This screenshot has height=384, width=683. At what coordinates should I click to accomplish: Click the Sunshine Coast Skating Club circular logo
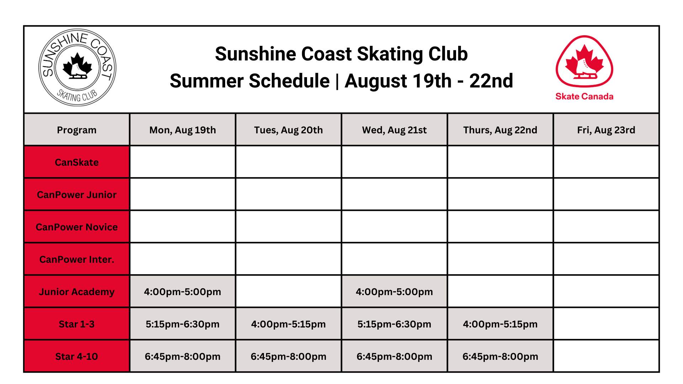[77, 68]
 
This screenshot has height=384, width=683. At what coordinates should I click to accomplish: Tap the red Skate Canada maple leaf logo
[584, 62]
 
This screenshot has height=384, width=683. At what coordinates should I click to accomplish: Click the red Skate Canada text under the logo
[584, 96]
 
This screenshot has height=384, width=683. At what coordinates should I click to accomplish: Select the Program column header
[76, 130]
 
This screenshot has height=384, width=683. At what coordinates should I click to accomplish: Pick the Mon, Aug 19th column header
[182, 130]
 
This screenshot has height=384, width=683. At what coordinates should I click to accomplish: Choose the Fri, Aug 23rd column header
[606, 130]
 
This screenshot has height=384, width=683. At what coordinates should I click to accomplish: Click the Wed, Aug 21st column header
[394, 130]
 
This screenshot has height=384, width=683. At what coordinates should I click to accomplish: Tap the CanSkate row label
[76, 162]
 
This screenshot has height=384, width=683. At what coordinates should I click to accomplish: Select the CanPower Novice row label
[76, 227]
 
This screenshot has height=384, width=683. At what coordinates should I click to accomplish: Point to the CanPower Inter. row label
[76, 259]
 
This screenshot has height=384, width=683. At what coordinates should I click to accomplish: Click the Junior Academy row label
[76, 292]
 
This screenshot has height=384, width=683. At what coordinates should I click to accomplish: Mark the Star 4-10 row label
[76, 356]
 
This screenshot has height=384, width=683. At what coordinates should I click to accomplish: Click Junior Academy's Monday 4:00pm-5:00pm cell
[182, 292]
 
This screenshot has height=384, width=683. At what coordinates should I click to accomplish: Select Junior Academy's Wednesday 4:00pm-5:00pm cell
[394, 292]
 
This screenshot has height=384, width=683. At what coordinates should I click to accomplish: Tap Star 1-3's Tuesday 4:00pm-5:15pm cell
[288, 324]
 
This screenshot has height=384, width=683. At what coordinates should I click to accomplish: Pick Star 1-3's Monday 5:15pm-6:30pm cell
[182, 324]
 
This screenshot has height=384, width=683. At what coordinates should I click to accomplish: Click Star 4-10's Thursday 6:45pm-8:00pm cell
[500, 356]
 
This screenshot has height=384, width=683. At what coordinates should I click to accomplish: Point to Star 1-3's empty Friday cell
[606, 324]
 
